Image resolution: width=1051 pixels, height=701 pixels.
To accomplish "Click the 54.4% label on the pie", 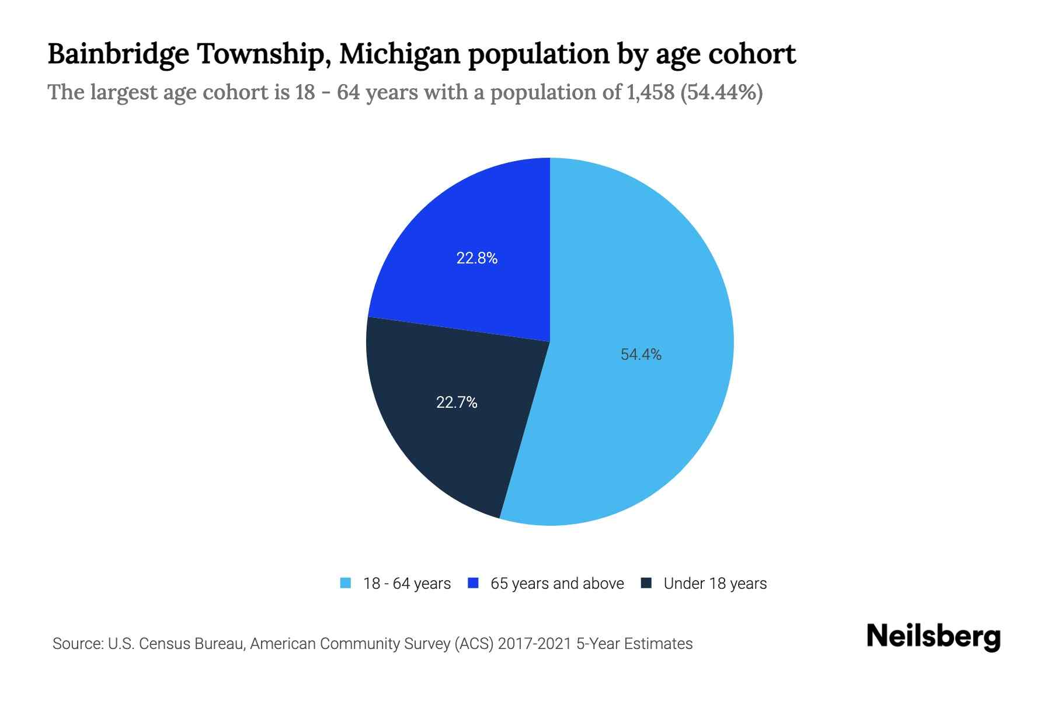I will point(641,355).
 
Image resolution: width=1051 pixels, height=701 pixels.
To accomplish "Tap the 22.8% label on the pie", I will point(476,258).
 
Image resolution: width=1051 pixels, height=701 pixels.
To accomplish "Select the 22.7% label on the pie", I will point(457,402).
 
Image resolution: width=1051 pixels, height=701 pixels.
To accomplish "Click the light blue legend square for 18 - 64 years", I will point(346,583).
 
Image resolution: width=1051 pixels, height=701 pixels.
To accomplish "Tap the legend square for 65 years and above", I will point(474,583).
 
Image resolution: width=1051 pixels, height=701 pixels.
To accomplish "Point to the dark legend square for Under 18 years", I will point(646,583).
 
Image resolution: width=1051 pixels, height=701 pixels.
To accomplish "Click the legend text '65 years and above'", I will point(557,584).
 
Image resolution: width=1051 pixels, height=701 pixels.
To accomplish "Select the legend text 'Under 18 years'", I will point(715,584).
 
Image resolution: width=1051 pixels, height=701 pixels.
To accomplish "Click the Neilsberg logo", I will point(933,637).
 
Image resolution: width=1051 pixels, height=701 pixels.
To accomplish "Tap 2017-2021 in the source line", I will point(534,644).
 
